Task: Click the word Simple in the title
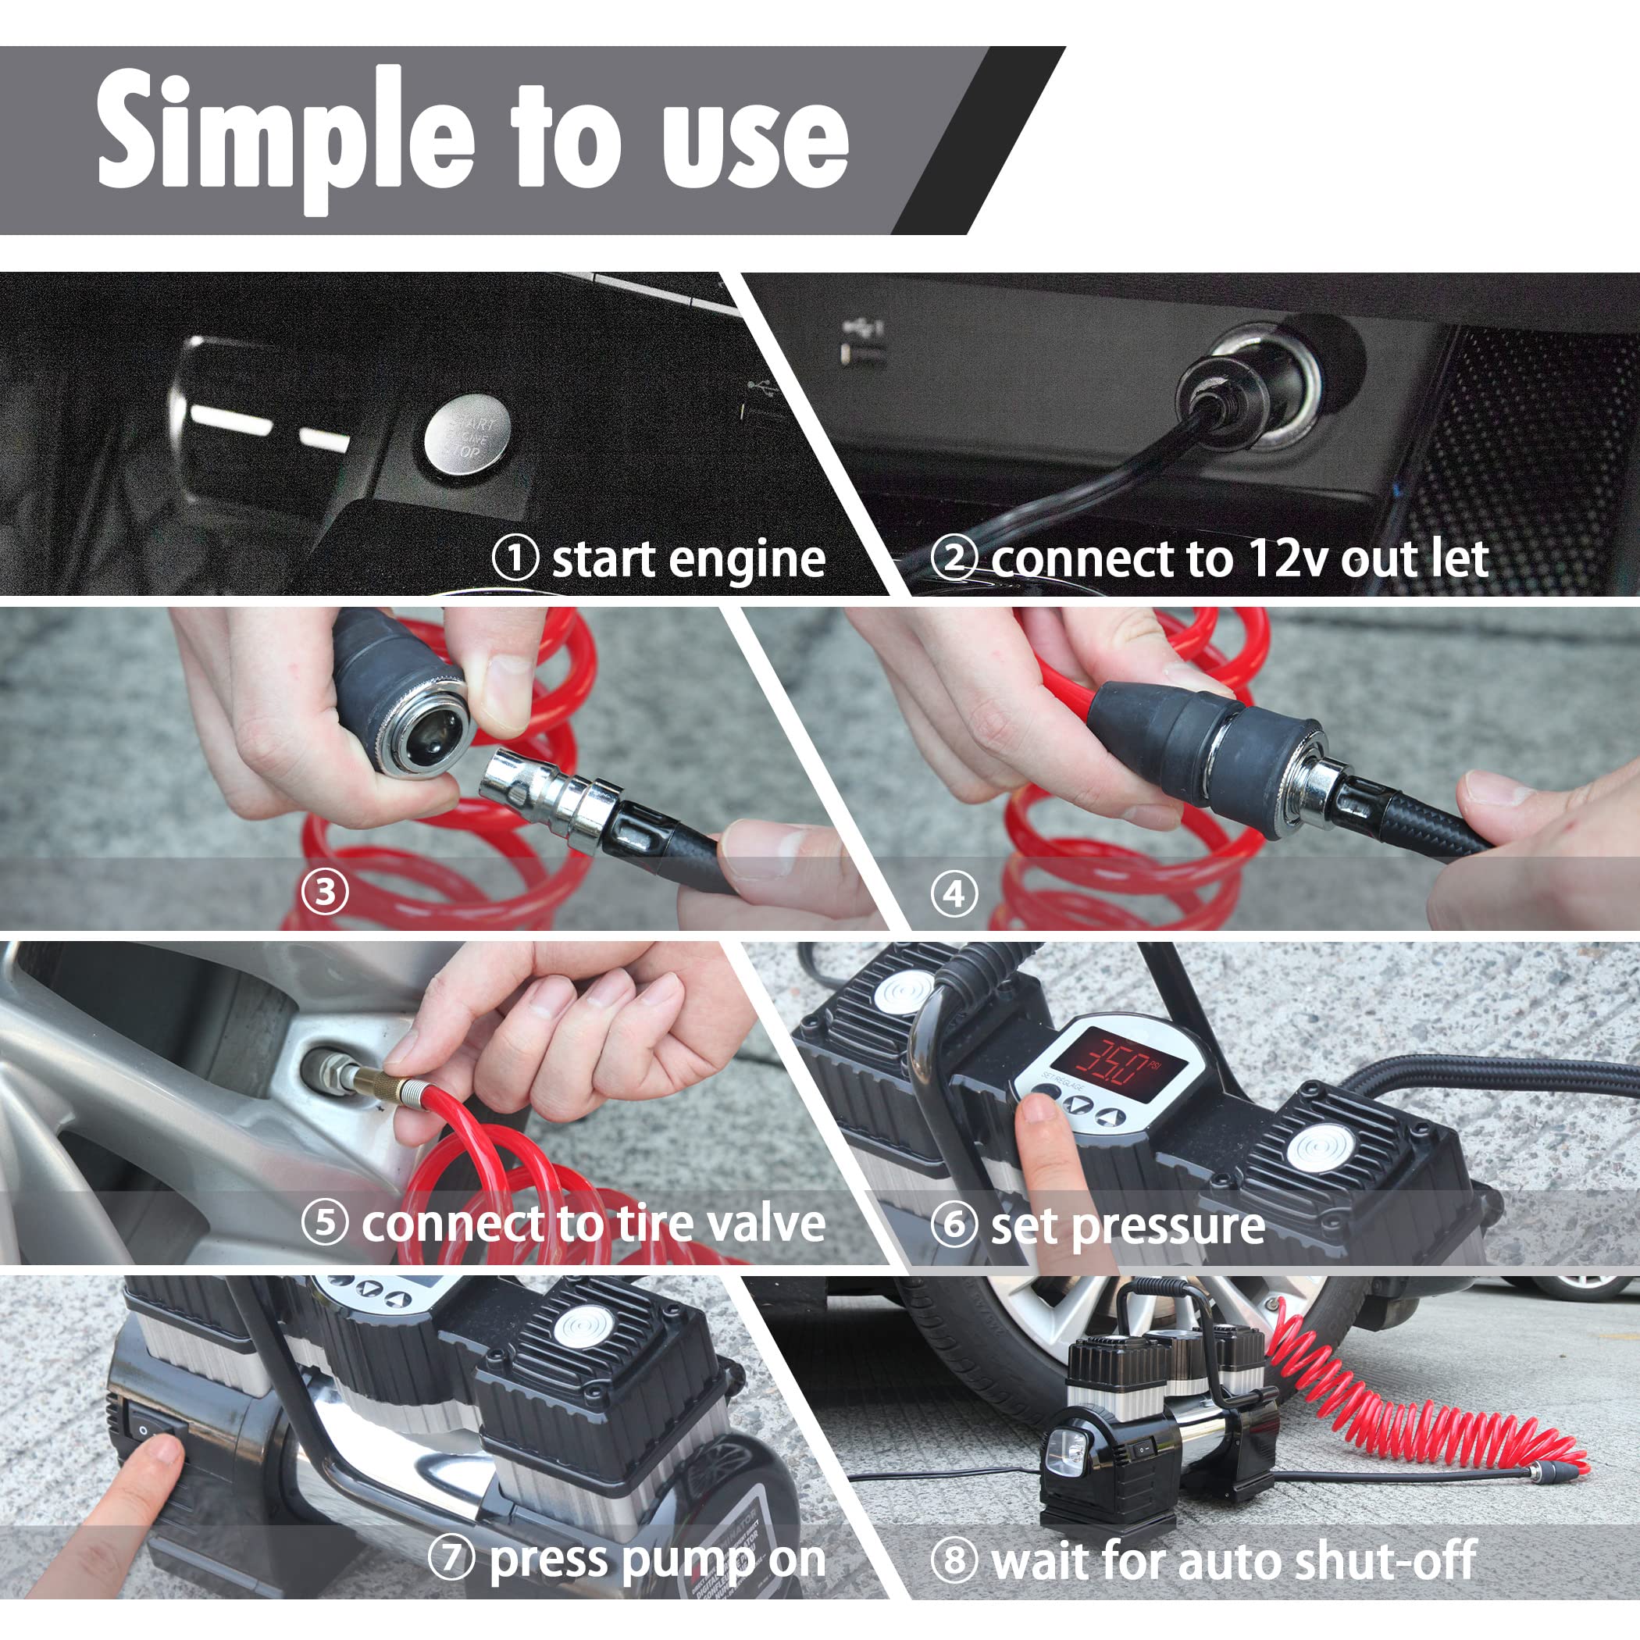[x=285, y=136]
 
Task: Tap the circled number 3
[x=325, y=892]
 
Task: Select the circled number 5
[x=325, y=1223]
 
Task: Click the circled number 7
[x=451, y=1559]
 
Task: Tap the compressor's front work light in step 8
[x=1068, y=1453]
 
